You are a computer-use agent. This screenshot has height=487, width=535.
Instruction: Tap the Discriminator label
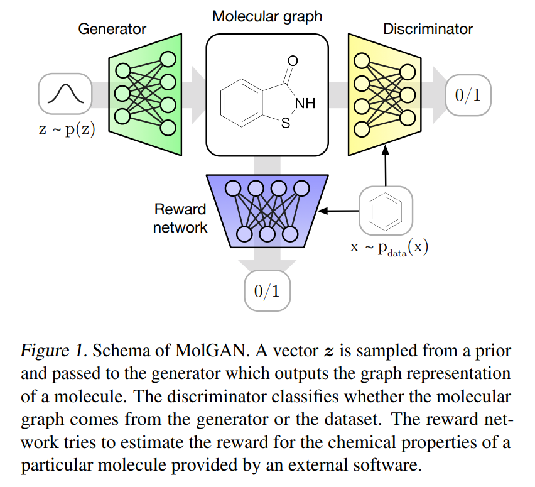point(428,29)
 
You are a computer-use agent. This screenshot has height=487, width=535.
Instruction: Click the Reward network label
point(180,218)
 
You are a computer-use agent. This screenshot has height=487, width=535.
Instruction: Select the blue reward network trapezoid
point(267,210)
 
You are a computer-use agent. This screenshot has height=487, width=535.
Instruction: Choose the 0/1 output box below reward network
point(267,291)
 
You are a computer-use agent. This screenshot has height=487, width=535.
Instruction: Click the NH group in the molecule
point(305,103)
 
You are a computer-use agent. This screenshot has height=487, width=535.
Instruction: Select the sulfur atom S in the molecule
point(286,124)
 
